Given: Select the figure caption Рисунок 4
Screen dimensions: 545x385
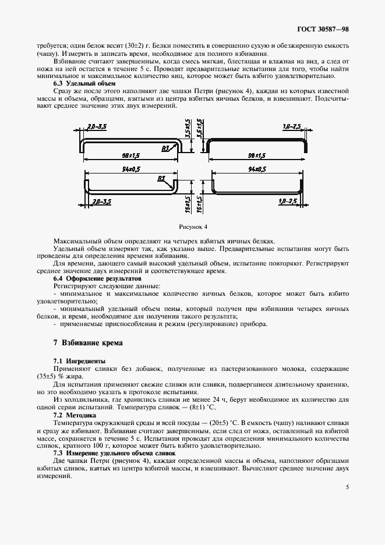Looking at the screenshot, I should point(192,226).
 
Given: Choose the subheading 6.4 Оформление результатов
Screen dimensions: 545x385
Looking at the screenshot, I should point(93,278).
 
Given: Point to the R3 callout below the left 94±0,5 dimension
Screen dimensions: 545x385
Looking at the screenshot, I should point(161,178).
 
